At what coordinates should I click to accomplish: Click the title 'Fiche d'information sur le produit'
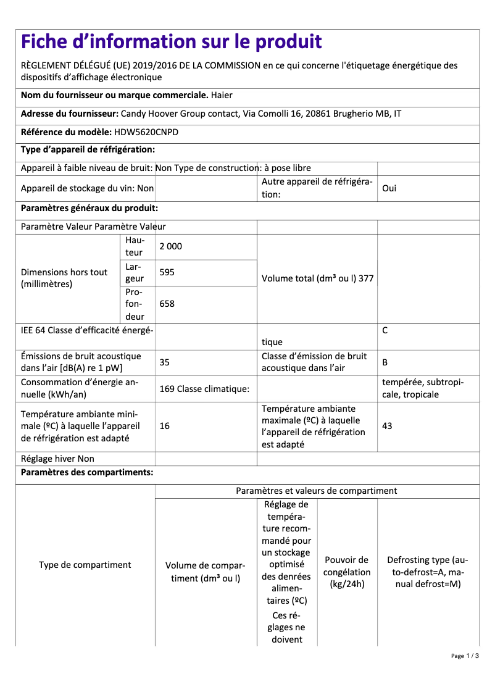pos(171,41)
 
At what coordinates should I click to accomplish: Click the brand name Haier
pos(222,96)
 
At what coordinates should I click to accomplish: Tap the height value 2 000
pos(171,246)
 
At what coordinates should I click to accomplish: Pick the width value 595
pos(167,272)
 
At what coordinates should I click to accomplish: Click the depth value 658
pos(167,304)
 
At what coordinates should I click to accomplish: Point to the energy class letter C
pos(385,331)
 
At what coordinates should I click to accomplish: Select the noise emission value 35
pos(164,362)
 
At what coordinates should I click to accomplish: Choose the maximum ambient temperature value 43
pos(387,426)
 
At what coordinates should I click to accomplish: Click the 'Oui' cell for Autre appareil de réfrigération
pos(389,188)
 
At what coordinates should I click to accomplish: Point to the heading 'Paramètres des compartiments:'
pos(87,473)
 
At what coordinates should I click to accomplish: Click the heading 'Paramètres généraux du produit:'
pos(89,209)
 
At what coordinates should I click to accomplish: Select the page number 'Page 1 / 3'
pos(465,656)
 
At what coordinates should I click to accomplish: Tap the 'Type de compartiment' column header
pos(85,565)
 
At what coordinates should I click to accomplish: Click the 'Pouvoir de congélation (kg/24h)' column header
pos(347,572)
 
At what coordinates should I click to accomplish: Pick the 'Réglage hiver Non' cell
pos(57,459)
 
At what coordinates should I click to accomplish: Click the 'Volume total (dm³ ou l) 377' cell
pos(317,278)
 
